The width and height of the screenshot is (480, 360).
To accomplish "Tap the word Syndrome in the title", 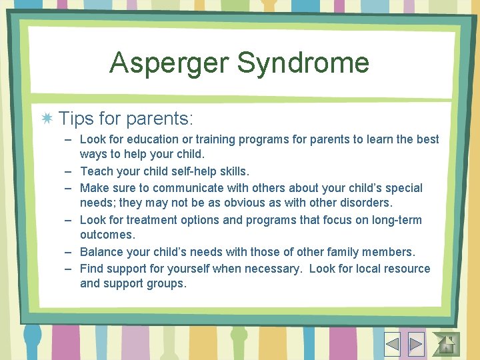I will click(303, 63).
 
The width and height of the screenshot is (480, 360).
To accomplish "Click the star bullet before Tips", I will click(47, 119).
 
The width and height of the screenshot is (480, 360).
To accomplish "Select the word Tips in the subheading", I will click(75, 119).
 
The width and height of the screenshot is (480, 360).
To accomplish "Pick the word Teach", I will click(97, 171).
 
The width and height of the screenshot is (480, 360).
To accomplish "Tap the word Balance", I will click(102, 252).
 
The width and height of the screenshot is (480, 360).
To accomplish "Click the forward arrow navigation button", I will click(415, 344).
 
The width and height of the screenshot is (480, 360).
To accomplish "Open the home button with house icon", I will click(445, 344).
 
